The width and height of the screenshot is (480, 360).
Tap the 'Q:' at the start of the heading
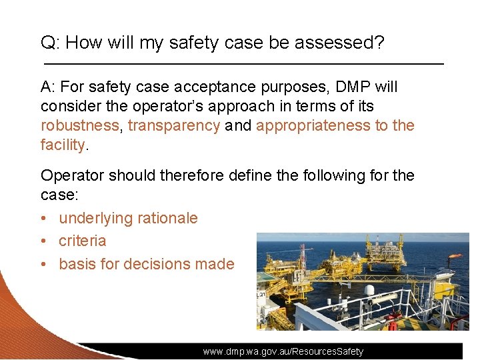pos(51,43)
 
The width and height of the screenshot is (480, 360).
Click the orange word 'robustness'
pos(81,125)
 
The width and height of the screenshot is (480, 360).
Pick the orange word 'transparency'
pos(173,125)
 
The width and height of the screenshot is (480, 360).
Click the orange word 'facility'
pos(63,145)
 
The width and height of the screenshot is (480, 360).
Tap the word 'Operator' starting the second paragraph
pos(72,175)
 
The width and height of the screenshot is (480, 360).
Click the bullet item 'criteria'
pos(83,241)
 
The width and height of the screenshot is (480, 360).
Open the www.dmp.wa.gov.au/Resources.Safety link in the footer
pos(283,351)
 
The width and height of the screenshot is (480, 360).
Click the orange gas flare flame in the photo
pos(455,255)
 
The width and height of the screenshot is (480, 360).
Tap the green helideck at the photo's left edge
pos(266,276)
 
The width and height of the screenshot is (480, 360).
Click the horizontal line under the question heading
pos(243,63)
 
